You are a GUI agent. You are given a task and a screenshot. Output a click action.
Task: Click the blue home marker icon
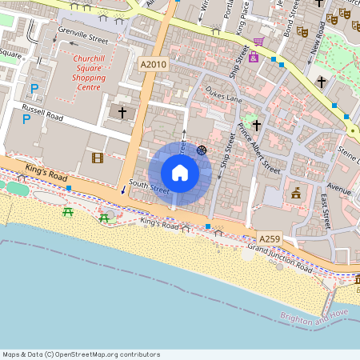(180, 173)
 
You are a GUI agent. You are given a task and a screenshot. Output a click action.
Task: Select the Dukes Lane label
(223, 94)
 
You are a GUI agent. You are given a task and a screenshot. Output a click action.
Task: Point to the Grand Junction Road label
(279, 256)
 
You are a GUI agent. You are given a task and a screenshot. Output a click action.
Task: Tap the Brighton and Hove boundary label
(316, 315)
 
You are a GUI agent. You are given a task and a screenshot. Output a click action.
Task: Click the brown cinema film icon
(98, 158)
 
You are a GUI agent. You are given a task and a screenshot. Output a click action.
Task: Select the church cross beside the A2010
(122, 113)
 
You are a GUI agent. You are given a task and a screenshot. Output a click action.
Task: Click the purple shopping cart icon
(258, 42)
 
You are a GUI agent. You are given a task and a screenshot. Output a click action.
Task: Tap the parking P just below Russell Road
(26, 119)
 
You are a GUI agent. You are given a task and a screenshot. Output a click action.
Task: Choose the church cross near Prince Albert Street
(257, 125)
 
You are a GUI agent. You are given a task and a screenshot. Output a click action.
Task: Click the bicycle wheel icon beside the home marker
(202, 149)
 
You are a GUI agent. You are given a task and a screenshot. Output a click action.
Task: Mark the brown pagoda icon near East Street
(296, 193)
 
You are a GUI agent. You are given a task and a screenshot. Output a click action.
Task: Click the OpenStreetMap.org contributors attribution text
(80, 354)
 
